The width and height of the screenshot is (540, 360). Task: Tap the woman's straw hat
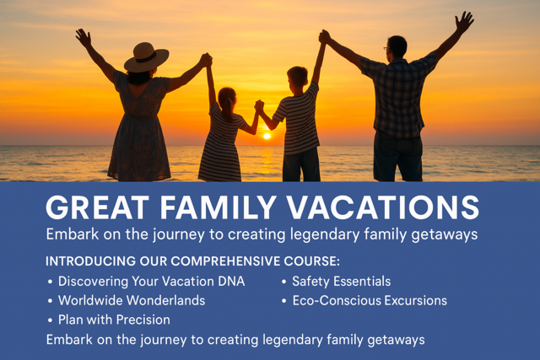pos(146,58)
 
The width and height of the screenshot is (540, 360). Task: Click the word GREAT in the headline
pos(94,207)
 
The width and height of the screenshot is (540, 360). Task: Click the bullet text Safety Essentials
pos(341,282)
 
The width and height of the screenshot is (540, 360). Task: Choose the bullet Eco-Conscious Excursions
pos(370,300)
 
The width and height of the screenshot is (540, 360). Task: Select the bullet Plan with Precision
pos(114,320)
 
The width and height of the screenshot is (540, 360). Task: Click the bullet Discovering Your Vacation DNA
pos(151,282)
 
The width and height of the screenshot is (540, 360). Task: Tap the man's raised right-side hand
pos(464,20)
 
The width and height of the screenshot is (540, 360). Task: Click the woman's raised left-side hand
pos(83,37)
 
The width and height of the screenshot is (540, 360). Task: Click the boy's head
pos(297,78)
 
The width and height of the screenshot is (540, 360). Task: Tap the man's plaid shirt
pos(397,97)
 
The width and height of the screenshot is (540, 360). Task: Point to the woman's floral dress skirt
pos(140,152)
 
